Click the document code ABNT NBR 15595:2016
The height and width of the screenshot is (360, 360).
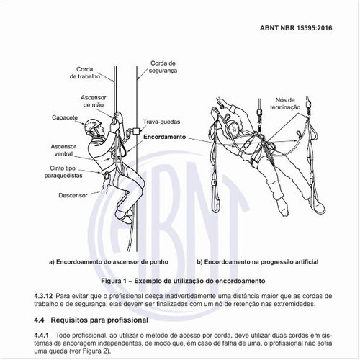(x=296, y=28)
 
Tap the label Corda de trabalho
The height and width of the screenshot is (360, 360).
(x=85, y=73)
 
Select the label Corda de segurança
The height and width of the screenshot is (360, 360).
(x=163, y=67)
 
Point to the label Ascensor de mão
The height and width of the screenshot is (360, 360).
(x=94, y=101)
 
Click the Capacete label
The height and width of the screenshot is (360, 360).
(x=65, y=117)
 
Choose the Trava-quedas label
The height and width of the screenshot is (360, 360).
(x=161, y=122)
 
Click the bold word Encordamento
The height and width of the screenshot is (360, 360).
(x=165, y=137)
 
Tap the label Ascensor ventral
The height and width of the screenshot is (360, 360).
(x=63, y=150)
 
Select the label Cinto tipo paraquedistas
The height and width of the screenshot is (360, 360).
(x=63, y=172)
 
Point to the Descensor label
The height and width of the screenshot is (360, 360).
(x=73, y=195)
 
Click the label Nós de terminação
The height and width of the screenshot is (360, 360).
(x=285, y=104)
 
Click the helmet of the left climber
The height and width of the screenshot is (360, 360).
(x=93, y=125)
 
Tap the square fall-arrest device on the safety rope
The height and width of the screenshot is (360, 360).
(x=136, y=131)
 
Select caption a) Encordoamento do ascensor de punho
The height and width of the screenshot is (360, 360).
(x=109, y=261)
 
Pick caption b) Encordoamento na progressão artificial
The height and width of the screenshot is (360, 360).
(x=258, y=261)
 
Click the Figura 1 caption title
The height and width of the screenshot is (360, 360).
(x=183, y=281)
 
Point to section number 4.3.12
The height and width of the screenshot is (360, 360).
(x=43, y=296)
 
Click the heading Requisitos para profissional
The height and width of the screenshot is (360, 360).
(x=99, y=320)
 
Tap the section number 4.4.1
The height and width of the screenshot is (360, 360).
(x=41, y=335)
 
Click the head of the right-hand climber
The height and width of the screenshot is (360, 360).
(x=233, y=128)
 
